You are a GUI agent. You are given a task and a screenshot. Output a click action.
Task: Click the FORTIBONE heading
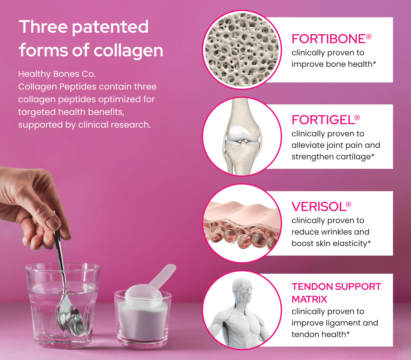(x=329, y=39)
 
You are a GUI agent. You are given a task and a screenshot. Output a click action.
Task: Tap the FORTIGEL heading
(x=323, y=120)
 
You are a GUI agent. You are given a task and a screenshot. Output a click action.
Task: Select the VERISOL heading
(x=319, y=207)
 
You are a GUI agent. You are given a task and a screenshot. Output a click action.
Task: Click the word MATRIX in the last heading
(x=309, y=299)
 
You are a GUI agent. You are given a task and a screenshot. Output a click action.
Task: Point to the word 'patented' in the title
(x=110, y=27)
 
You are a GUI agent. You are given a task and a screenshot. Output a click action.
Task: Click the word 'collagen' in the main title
(x=128, y=51)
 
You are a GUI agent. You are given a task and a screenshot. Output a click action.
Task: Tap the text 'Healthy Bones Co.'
(x=57, y=74)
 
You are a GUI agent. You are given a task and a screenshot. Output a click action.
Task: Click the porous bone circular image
(x=242, y=50)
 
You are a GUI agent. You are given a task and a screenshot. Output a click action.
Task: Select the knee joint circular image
(x=242, y=137)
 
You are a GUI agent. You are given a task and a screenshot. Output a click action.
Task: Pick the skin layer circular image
(x=242, y=223)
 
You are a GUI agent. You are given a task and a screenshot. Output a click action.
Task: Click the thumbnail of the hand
(x=53, y=221)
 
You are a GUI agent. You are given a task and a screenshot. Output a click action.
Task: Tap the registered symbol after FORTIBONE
(x=369, y=37)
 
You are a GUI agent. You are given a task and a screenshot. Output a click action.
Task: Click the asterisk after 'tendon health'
(x=348, y=333)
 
